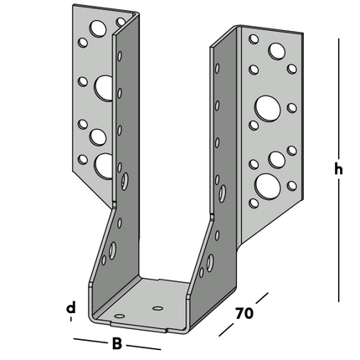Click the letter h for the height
coord(338,168)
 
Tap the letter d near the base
coord(71,308)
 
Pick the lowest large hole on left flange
coord(105,164)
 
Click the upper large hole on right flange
coord(268,106)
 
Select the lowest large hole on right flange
coord(268,183)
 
